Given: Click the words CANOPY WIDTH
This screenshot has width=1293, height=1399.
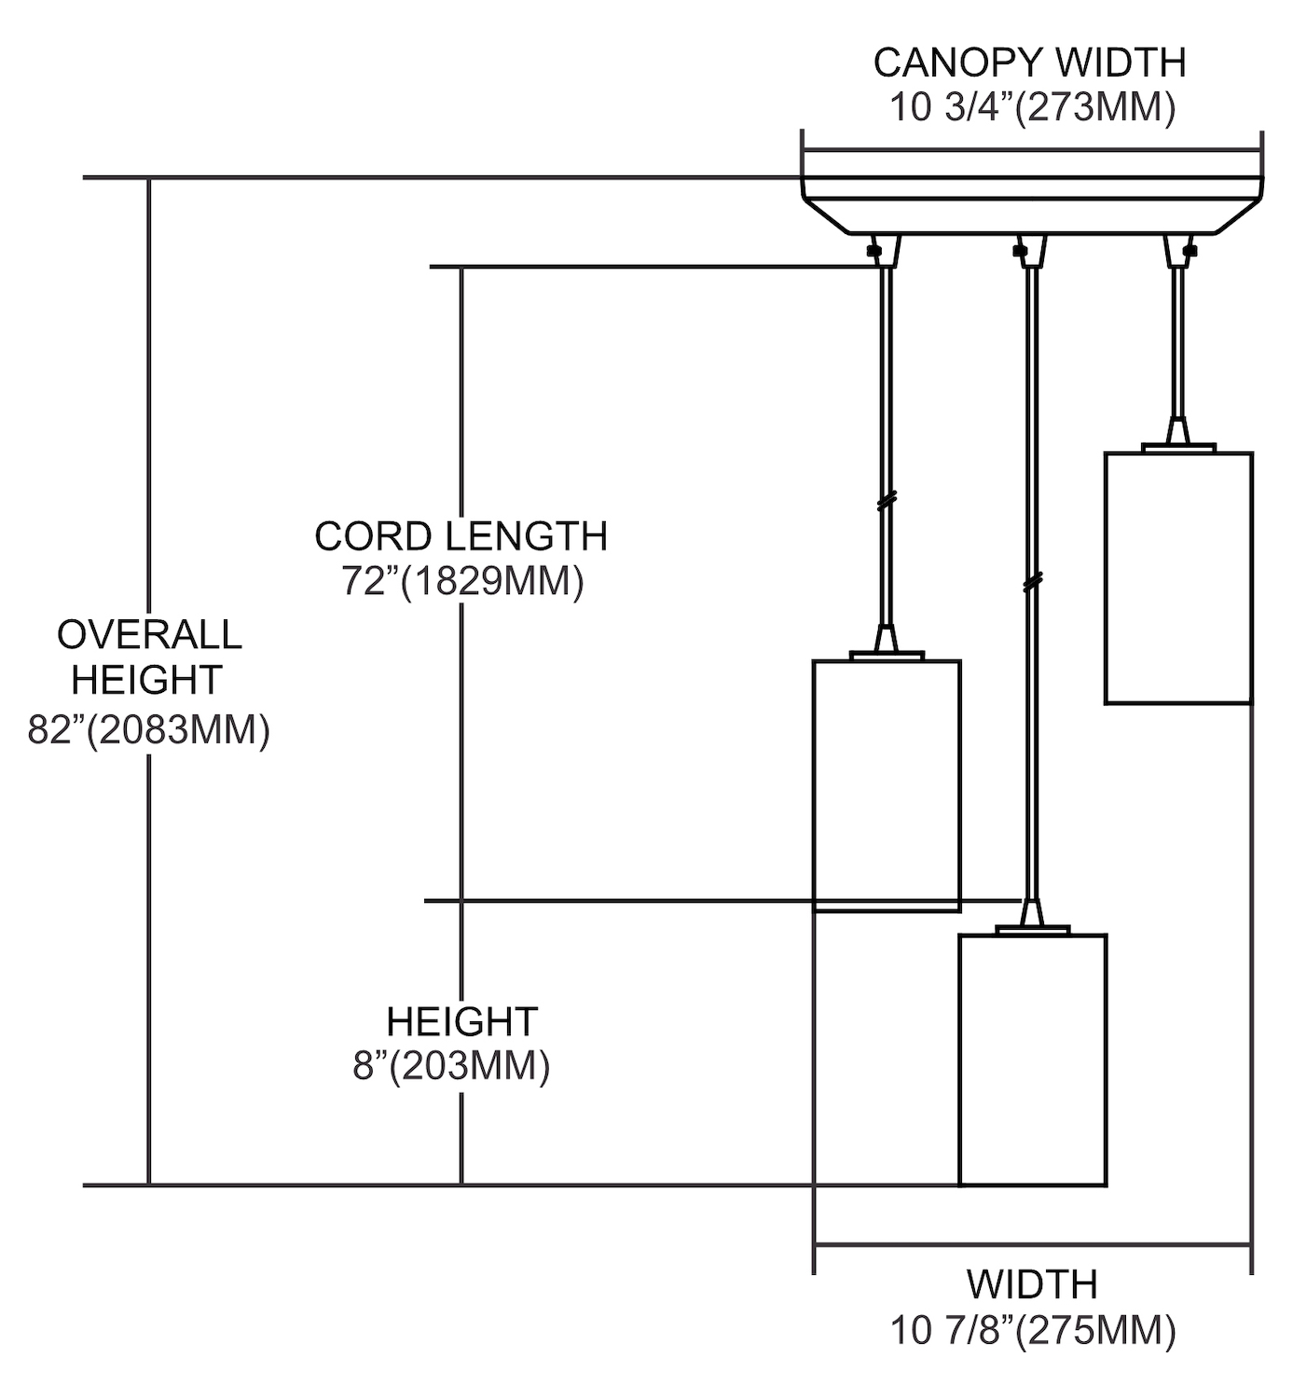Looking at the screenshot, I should [x=1029, y=63].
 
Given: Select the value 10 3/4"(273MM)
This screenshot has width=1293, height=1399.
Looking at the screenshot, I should [x=1031, y=108].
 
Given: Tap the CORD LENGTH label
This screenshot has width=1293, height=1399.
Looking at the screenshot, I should [x=461, y=536].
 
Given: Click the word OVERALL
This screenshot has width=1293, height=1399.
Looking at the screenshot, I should [x=149, y=635].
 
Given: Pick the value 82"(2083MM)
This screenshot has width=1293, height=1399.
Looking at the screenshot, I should [x=149, y=729].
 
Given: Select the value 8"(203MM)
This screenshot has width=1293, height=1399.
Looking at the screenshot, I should [x=451, y=1065].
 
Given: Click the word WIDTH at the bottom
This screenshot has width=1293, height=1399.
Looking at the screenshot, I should [x=1031, y=1284].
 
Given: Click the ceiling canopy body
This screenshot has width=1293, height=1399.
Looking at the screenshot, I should [x=1031, y=205].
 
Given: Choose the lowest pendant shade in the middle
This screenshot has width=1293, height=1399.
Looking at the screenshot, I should [x=1033, y=1060].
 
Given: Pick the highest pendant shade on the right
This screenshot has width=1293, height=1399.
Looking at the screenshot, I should [x=1178, y=577].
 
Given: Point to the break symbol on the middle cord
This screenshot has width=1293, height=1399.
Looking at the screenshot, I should [x=1031, y=583].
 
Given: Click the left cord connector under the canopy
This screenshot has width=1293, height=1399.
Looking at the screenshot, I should [x=884, y=251].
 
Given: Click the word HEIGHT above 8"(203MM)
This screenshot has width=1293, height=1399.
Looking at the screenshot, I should [x=461, y=1021].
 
